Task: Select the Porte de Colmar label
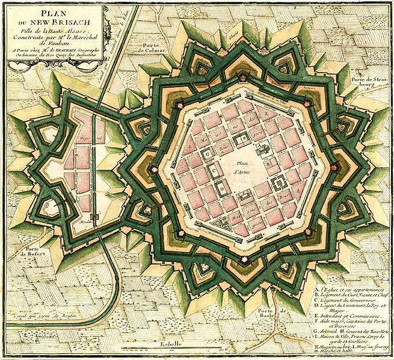coord(151,49)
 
